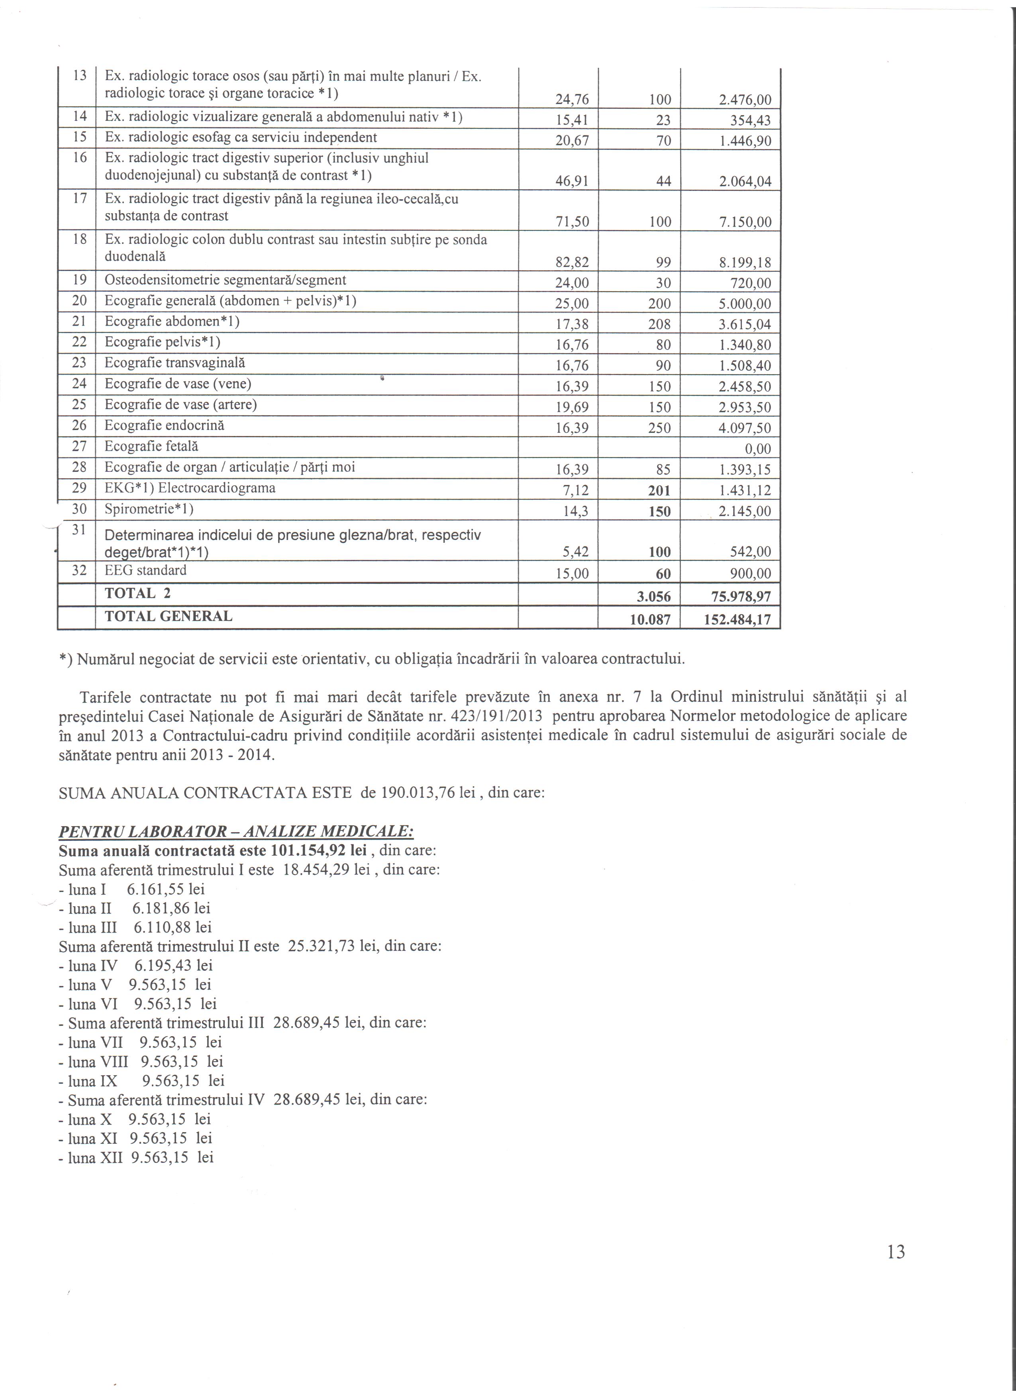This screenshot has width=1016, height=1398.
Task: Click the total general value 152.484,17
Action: click(x=737, y=619)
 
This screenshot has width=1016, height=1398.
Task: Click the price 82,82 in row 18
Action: click(x=573, y=263)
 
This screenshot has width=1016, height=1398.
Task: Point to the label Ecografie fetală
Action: click(x=151, y=446)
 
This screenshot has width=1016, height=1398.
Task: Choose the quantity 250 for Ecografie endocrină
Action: click(x=659, y=428)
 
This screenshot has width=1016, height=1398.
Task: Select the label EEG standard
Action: click(x=145, y=570)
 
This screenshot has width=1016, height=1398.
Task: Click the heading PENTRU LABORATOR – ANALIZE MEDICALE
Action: click(x=236, y=832)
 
